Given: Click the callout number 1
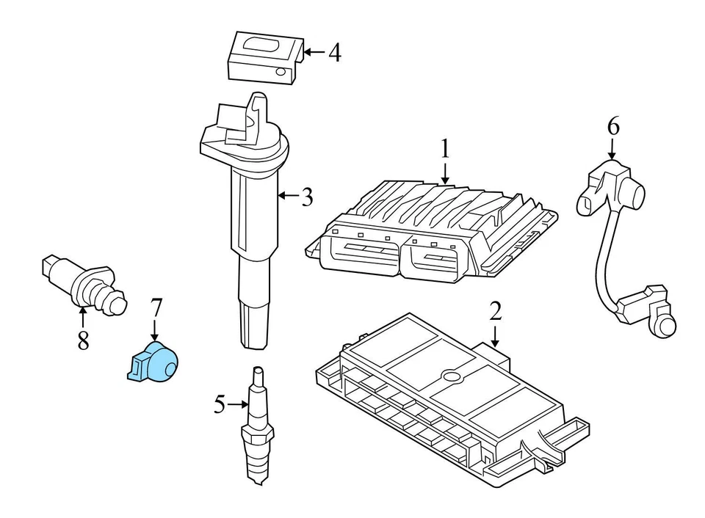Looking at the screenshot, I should point(444,149).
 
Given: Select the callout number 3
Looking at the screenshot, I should point(307,197).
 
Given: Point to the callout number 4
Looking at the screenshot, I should point(334,53).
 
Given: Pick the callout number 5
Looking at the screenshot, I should point(219,404).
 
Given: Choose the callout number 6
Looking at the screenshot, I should point(612,127).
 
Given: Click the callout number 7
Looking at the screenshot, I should point(155,308).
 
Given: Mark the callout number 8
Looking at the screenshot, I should point(83,340).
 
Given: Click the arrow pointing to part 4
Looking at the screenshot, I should point(314,52).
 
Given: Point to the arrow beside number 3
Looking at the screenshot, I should point(287,196).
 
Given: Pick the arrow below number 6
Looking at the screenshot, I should point(612,150).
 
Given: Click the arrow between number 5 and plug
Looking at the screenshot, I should point(239,404).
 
